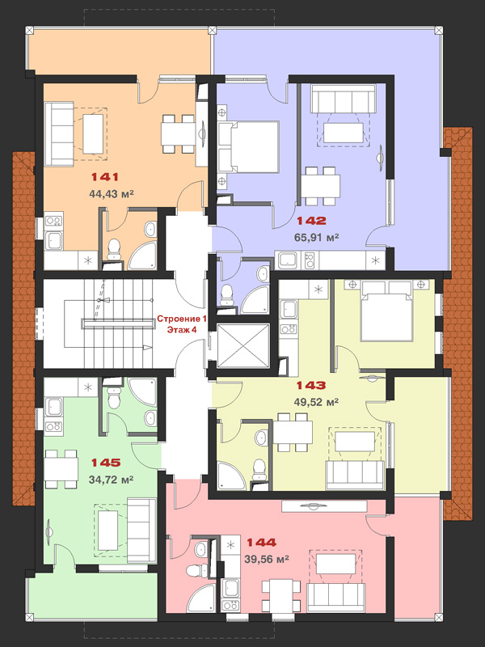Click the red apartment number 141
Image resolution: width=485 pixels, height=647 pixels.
point(105,177)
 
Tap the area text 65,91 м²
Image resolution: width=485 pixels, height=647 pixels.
point(317,237)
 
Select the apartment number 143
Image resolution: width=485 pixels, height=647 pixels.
point(311,386)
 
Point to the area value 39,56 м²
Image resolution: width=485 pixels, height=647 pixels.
point(267,559)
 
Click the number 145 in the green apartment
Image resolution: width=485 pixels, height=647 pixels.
point(106,463)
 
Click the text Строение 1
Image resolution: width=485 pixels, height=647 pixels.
point(181,319)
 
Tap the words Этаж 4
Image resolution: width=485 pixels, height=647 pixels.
point(181,330)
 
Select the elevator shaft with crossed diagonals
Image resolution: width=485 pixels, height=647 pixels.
point(243,346)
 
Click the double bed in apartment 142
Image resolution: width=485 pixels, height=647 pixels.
point(249,146)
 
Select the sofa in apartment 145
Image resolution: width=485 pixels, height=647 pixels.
point(141,531)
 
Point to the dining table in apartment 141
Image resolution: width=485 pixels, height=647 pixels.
point(178,133)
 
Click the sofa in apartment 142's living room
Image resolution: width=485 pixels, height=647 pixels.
point(343,99)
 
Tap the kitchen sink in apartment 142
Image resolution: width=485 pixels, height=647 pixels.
point(288,260)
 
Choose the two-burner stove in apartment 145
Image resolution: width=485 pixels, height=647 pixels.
point(53,426)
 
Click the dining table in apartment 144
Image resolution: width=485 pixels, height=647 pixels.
point(280,595)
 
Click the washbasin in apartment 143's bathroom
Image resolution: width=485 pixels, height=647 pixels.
point(260,438)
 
